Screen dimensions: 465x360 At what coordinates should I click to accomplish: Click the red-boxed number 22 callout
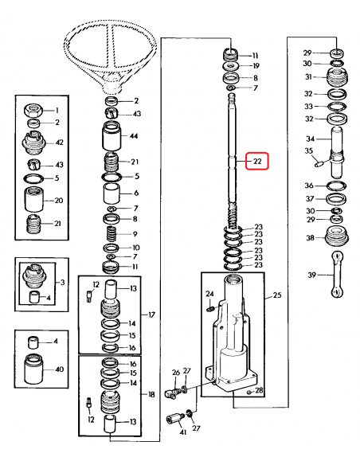257,161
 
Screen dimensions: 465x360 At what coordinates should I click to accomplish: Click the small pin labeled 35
320,165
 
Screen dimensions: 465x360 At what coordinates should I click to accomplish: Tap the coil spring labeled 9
112,236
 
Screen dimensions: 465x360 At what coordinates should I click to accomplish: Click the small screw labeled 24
210,307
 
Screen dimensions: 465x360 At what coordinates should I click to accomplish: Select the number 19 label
255,67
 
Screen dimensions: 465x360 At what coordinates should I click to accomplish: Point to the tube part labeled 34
335,147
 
